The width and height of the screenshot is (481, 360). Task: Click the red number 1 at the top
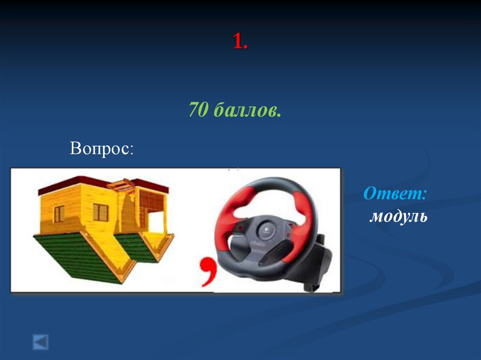[x=240, y=43]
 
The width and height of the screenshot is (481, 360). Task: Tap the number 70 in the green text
[x=198, y=111]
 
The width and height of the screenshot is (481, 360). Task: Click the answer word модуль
[x=398, y=217]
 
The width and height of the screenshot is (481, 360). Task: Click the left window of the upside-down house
[x=59, y=214]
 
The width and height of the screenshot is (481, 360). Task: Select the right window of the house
[x=101, y=212]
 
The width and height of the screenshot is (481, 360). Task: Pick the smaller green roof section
[x=136, y=247]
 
